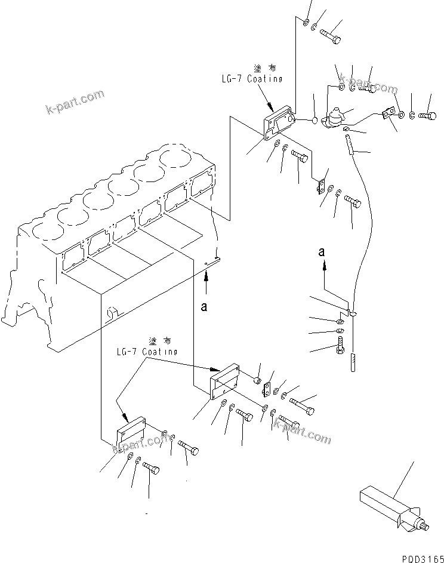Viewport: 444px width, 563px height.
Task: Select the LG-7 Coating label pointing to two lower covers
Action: (x=147, y=352)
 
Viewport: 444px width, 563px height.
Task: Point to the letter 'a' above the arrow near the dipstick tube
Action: (x=322, y=253)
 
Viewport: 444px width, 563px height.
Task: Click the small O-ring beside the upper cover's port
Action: (x=314, y=121)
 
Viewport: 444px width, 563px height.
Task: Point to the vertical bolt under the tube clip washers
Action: (x=340, y=346)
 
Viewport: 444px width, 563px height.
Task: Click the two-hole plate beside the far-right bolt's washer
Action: (x=388, y=112)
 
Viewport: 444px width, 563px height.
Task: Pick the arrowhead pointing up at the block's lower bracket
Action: (x=206, y=275)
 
